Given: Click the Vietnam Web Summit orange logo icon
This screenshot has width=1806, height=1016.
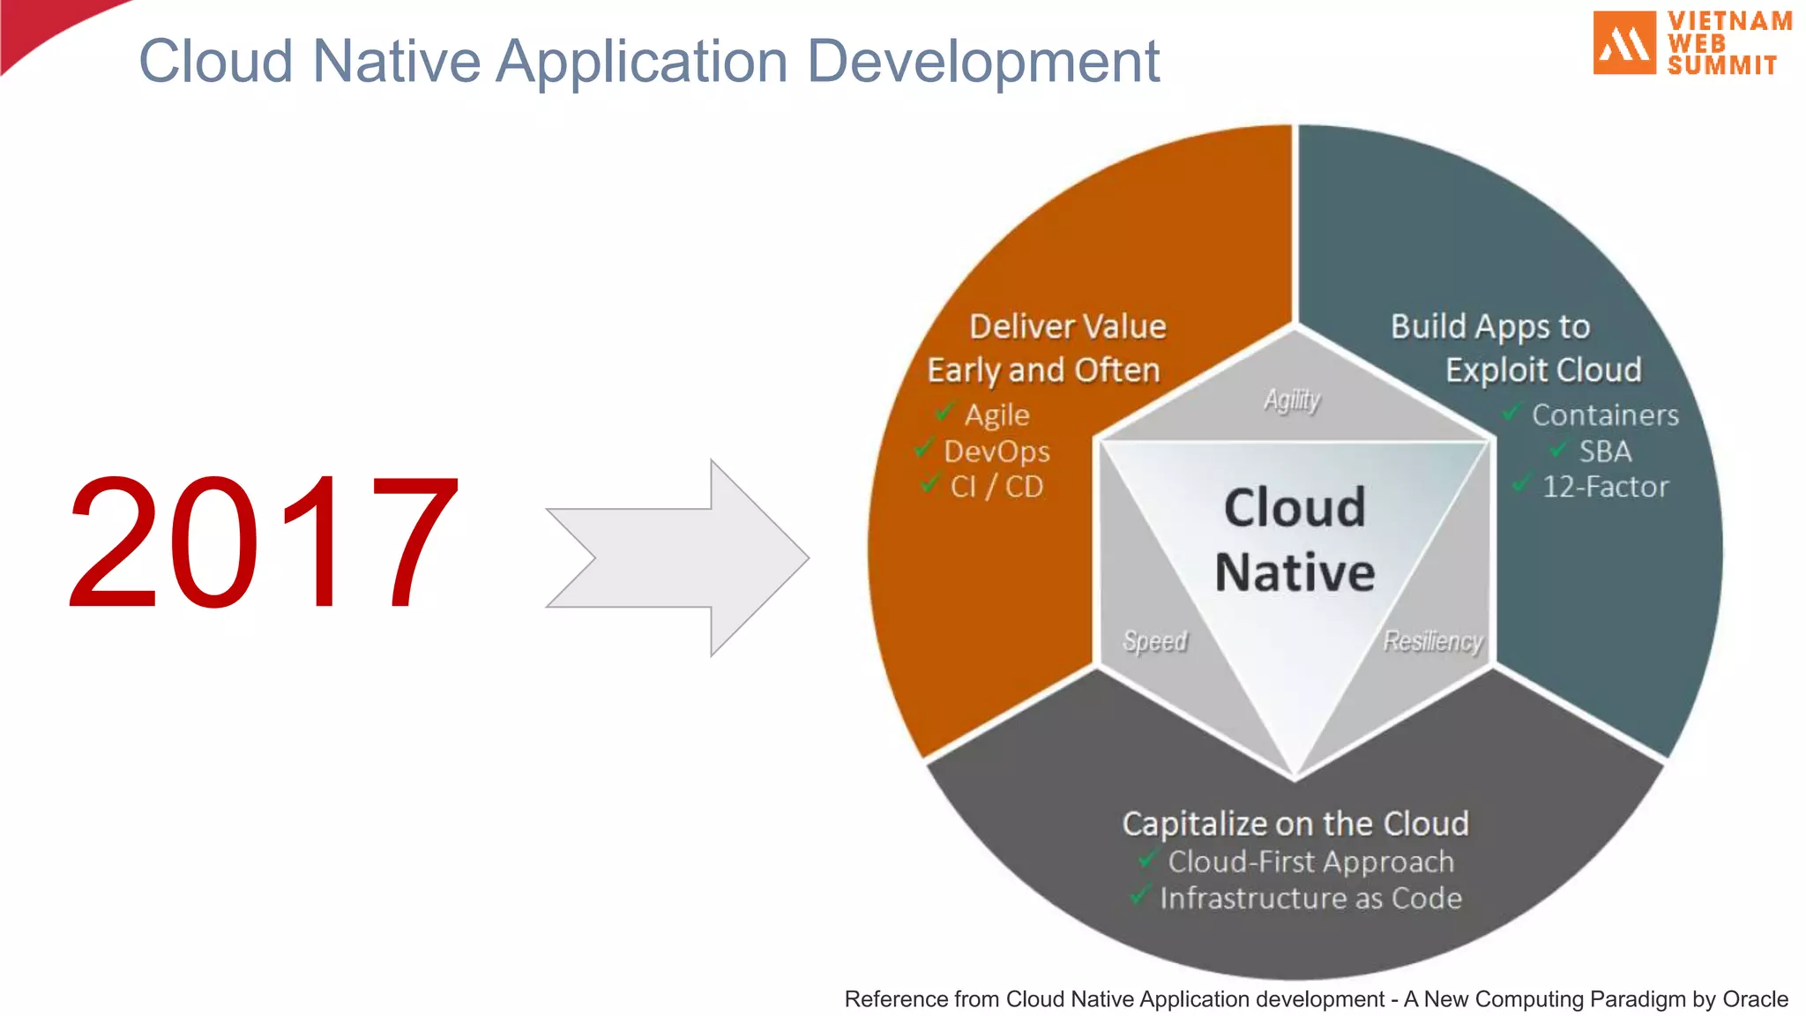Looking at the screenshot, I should click(x=1623, y=42).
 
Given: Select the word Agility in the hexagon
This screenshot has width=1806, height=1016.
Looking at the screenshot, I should click(x=1292, y=400).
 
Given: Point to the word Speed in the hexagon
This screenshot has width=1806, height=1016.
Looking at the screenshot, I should click(x=1154, y=640).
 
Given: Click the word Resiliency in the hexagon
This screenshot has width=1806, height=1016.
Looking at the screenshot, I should click(x=1432, y=640).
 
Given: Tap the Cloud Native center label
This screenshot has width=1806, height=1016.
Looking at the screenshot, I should click(x=1295, y=540).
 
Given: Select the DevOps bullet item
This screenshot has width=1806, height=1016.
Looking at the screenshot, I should click(x=996, y=452).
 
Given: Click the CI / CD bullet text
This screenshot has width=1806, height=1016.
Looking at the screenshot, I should click(x=996, y=487).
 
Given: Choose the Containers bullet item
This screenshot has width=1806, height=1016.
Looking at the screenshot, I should click(x=1605, y=415).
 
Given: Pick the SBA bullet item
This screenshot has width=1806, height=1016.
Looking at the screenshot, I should click(x=1605, y=452).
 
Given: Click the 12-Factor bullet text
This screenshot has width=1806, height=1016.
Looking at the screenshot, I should click(x=1605, y=487).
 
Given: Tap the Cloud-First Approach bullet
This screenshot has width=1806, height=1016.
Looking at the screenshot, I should click(x=1310, y=862).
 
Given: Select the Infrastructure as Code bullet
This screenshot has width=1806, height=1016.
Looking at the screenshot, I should click(x=1310, y=898).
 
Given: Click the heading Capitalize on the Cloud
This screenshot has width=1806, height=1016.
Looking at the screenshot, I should click(x=1295, y=823).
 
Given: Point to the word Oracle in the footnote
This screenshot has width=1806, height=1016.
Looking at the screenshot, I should click(x=1755, y=999).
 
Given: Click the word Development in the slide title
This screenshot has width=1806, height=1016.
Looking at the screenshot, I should click(x=983, y=62).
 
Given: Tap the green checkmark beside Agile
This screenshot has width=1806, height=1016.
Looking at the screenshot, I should click(x=944, y=412).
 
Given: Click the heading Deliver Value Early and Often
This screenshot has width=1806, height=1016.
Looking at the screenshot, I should click(x=1045, y=348).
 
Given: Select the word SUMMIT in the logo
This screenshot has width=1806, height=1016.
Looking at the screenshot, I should click(x=1721, y=65).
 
